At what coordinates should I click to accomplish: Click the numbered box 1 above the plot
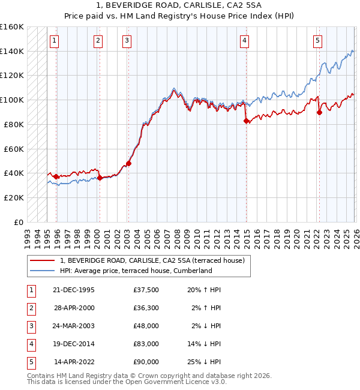click(x=55, y=41)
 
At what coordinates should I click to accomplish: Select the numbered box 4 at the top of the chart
click(x=245, y=41)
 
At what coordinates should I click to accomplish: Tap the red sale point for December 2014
click(x=247, y=121)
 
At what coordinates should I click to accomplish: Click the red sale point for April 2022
click(x=319, y=112)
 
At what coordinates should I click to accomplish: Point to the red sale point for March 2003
click(x=128, y=163)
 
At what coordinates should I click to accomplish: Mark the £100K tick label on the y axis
click(x=12, y=100)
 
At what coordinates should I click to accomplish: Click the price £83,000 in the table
click(x=146, y=344)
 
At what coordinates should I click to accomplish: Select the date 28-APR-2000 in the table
click(x=74, y=308)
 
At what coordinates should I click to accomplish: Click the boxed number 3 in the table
click(x=31, y=326)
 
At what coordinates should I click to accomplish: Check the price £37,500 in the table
click(x=146, y=290)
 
